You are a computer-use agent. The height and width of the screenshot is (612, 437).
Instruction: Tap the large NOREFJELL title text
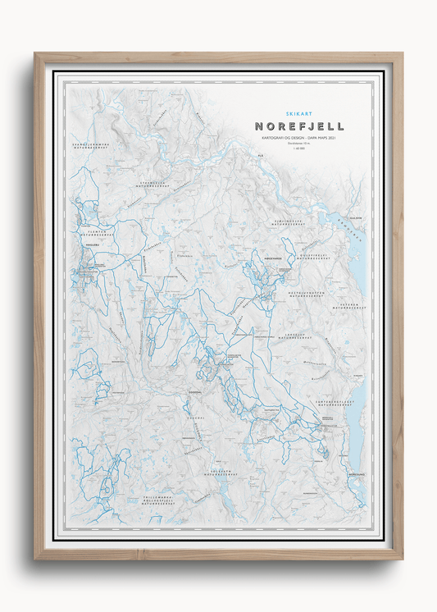pos(298,126)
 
